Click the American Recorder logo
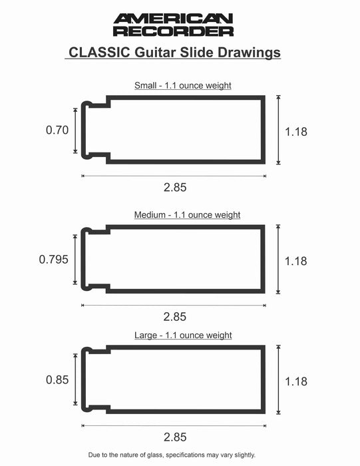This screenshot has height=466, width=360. click(173, 25)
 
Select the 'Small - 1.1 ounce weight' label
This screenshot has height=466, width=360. click(182, 85)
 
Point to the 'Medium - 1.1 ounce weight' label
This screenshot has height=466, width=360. click(187, 215)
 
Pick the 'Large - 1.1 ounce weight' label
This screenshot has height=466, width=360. click(182, 336)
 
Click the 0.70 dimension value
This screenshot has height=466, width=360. click(57, 130)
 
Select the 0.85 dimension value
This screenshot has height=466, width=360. click(57, 381)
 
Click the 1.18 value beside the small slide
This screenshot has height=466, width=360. click(295, 132)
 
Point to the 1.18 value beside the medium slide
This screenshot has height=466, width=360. click(295, 261)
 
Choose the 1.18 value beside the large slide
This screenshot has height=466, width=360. click(295, 381)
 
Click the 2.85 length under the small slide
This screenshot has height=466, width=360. click(175, 187)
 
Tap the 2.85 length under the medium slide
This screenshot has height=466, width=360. click(175, 316)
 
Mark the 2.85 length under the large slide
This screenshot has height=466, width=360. click(175, 437)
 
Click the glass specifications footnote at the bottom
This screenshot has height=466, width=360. click(172, 455)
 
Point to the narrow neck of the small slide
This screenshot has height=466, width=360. click(94, 130)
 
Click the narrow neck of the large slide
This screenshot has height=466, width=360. click(94, 380)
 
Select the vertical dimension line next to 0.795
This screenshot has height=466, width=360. click(75, 260)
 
